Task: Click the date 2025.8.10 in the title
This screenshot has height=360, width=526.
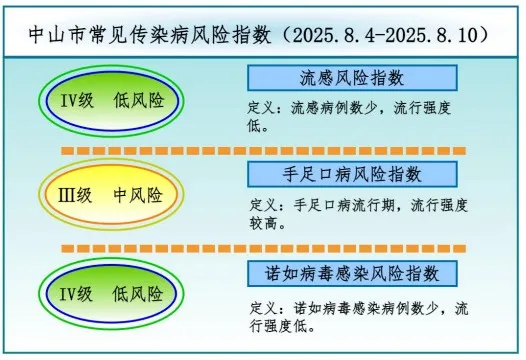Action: [x=431, y=35]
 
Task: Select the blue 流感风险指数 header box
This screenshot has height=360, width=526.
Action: [x=352, y=78]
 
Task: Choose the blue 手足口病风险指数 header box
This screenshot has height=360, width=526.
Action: [x=352, y=174]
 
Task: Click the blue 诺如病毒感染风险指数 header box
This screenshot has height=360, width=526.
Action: [x=352, y=273]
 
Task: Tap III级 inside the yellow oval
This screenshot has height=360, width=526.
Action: [x=75, y=195]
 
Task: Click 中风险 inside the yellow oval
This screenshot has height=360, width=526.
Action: [x=138, y=195]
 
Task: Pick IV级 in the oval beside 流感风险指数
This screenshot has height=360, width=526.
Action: [x=77, y=100]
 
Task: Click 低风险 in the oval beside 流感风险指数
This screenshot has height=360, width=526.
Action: [x=139, y=100]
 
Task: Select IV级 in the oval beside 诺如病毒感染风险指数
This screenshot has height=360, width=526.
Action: [x=76, y=294]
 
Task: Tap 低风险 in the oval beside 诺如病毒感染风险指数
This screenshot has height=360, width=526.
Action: [x=138, y=294]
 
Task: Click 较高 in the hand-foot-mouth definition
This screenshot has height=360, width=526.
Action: [x=264, y=223]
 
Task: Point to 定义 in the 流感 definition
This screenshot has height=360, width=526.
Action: [x=262, y=108]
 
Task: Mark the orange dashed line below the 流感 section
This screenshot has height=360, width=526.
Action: [x=264, y=151]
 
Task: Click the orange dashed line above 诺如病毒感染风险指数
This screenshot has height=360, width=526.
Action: [x=264, y=249]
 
